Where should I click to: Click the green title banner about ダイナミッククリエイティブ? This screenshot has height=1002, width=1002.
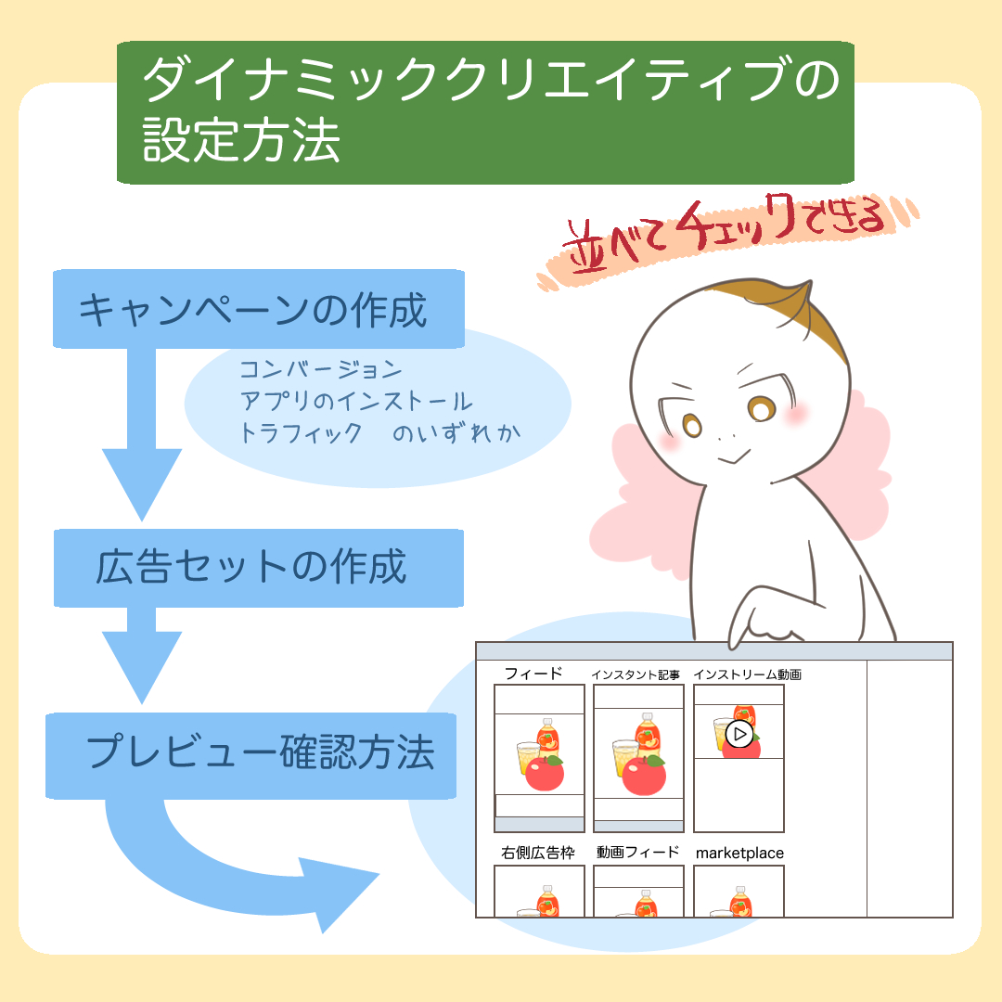484,111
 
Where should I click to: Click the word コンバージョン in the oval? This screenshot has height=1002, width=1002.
321,370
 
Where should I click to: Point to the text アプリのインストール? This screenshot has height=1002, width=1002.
356,402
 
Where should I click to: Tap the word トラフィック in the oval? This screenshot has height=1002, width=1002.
301,433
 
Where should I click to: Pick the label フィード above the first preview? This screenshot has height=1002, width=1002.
533,674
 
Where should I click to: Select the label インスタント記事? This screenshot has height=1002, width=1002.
636,674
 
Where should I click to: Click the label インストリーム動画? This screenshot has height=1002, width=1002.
747,674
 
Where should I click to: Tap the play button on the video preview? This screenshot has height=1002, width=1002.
739,735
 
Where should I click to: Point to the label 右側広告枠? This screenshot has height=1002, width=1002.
538,852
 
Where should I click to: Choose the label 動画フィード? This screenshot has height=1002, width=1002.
638,852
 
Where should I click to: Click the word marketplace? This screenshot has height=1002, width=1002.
739,853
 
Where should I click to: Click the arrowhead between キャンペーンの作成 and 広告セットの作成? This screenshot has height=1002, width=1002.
141,483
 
